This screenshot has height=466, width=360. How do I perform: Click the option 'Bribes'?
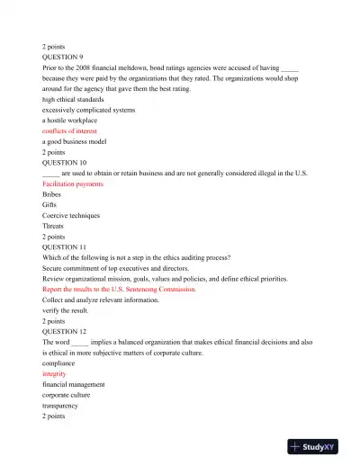[53, 193]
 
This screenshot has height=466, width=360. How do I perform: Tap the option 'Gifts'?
[50, 204]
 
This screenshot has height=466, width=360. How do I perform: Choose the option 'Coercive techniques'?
[71, 215]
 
